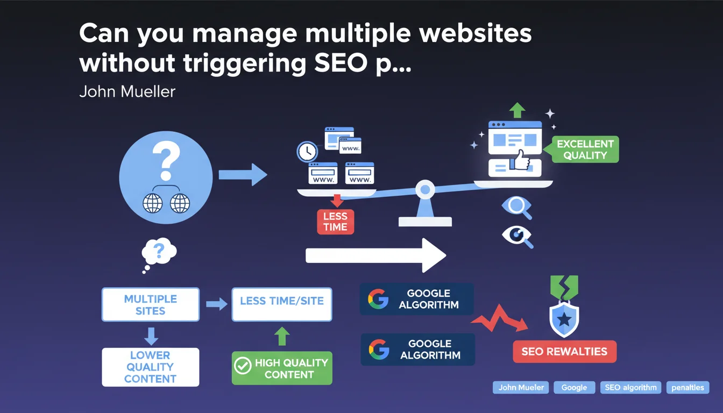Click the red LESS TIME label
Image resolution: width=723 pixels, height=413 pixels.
click(335, 222)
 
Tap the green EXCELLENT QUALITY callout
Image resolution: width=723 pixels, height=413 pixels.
click(585, 149)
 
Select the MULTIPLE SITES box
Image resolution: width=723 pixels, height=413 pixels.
click(150, 304)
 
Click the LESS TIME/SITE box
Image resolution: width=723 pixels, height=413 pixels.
click(281, 301)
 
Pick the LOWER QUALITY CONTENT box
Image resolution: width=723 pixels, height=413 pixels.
click(150, 367)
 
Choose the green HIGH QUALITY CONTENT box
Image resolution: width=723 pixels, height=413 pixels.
click(281, 368)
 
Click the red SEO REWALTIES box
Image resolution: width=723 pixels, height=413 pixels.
click(564, 352)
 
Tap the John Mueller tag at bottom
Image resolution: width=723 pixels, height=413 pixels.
click(521, 387)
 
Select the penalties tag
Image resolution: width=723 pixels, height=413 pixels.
click(687, 387)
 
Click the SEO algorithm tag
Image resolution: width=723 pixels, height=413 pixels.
click(630, 387)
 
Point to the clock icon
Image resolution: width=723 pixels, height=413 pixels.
click(307, 151)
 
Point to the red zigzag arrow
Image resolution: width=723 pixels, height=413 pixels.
click(499, 321)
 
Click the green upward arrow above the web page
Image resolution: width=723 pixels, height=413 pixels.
click(517, 110)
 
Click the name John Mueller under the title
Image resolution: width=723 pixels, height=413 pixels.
click(127, 91)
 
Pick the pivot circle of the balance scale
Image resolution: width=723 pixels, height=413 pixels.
click(426, 189)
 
